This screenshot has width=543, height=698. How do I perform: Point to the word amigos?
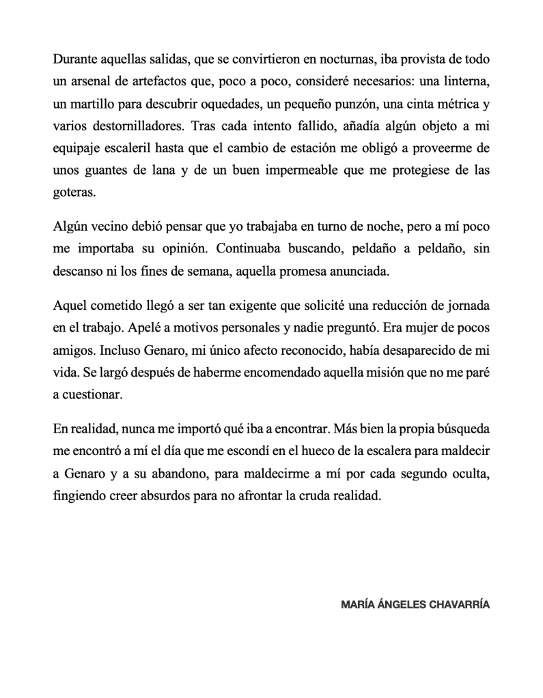[x=72, y=349]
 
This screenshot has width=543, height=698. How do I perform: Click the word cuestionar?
[x=95, y=394]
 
